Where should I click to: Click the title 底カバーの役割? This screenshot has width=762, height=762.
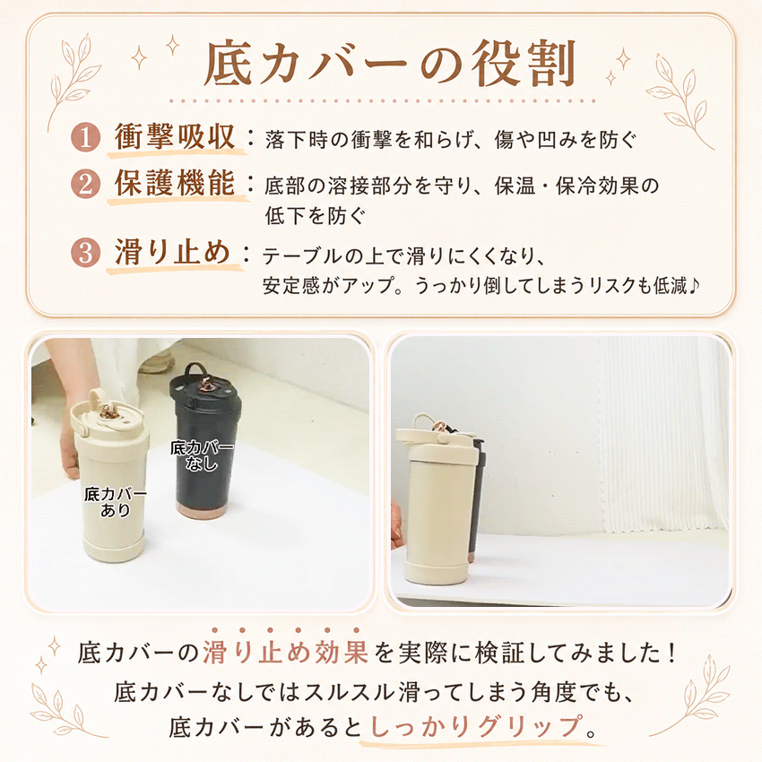click(390, 65)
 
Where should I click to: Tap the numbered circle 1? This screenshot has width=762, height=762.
click(85, 137)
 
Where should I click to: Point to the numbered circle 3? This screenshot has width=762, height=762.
click(85, 253)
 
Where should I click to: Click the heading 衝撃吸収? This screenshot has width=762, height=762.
click(175, 136)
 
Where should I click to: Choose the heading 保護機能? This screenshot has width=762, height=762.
click(175, 183)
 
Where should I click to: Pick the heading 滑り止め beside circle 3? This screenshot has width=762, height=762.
click(172, 252)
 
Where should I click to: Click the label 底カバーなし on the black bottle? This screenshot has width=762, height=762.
click(202, 455)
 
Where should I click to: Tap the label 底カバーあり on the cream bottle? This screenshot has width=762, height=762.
click(115, 502)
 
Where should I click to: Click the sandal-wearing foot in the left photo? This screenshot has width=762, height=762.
click(157, 361)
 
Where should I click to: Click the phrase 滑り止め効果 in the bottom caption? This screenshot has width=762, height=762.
click(285, 653)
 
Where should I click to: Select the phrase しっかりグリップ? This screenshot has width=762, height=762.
click(476, 726)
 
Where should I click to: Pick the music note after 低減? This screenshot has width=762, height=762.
click(694, 285)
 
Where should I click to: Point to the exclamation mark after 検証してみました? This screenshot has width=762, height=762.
click(672, 653)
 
